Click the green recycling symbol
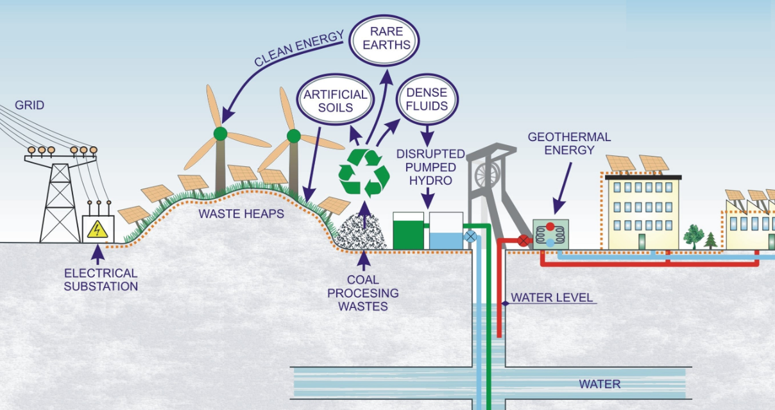pyautogui.click(x=364, y=173)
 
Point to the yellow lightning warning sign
pyautogui.click(x=98, y=229)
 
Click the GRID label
pyautogui.click(x=30, y=105)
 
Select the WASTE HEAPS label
pyautogui.click(x=241, y=214)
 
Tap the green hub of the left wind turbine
pyautogui.click(x=221, y=133)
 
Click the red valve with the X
pyautogui.click(x=524, y=241)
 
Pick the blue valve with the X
pyautogui.click(x=470, y=237)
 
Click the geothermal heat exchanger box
pyautogui.click(x=550, y=234)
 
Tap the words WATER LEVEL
pyautogui.click(x=552, y=298)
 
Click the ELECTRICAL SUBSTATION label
pyautogui.click(x=101, y=280)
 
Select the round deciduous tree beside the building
pyautogui.click(x=693, y=236)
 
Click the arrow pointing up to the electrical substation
pyautogui.click(x=98, y=254)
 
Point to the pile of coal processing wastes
pyautogui.click(x=361, y=232)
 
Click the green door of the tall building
pyautogui.click(x=642, y=241)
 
